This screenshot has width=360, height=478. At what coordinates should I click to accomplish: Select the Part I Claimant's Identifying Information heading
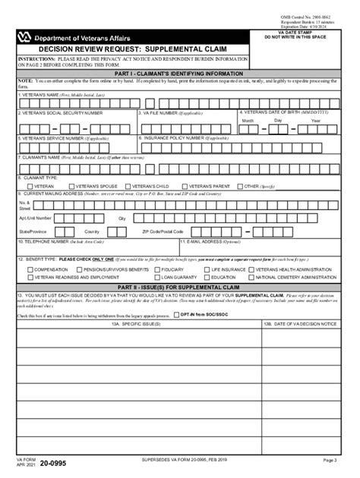coord(180,74)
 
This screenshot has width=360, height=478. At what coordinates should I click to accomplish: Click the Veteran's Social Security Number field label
coord(62,112)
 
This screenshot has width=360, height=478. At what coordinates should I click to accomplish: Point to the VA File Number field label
coord(171,112)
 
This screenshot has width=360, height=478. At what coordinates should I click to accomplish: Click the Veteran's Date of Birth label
coord(278,112)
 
